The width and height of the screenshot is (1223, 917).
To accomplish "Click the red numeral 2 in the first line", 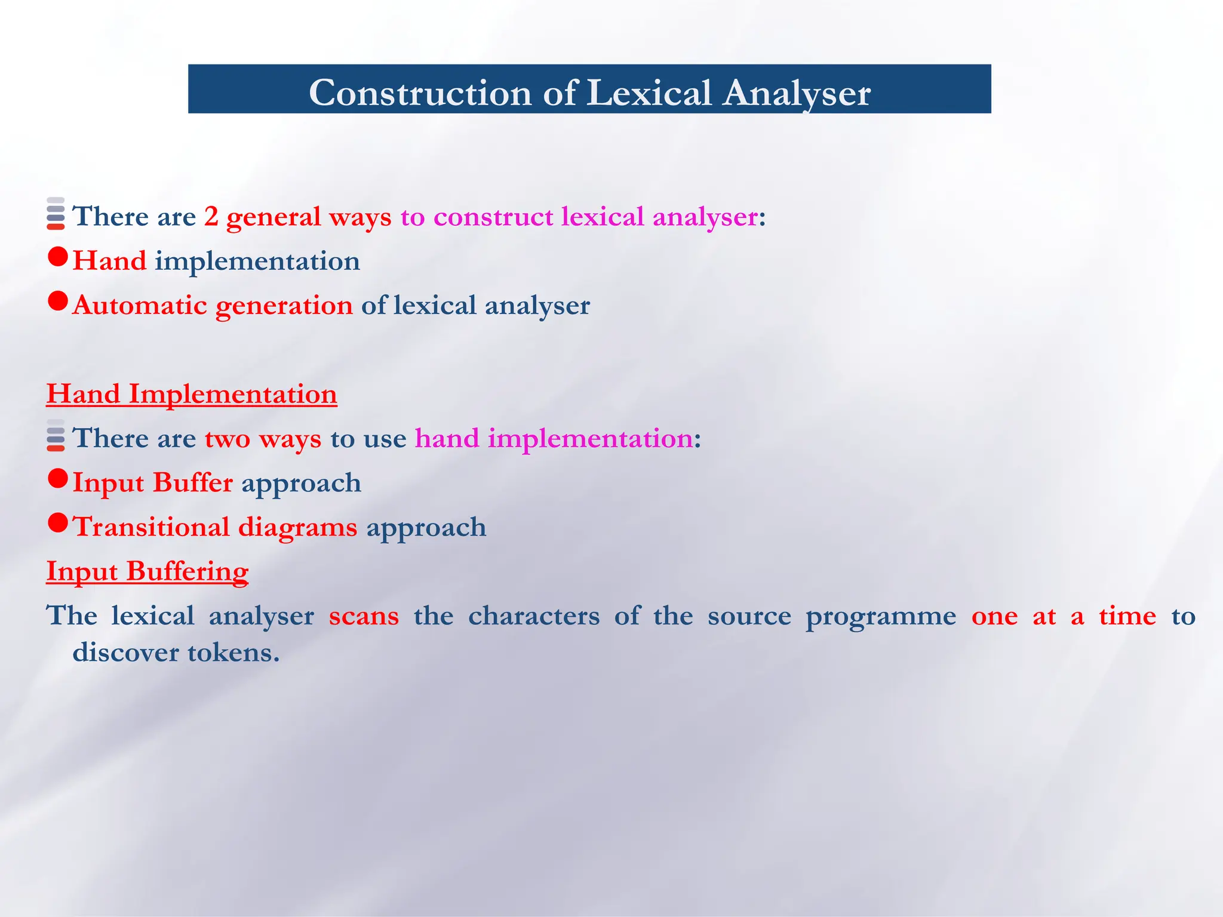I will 211,216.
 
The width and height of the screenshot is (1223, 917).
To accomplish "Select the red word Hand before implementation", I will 109,261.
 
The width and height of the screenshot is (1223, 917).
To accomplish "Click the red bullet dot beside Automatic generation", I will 58,301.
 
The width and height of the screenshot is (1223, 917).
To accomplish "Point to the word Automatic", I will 140,305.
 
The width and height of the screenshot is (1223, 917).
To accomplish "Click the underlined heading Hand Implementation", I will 192,394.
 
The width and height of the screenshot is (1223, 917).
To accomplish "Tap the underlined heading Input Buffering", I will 148,571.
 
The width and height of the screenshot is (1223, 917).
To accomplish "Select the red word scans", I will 364,616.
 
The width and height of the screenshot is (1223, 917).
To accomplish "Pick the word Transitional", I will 151,527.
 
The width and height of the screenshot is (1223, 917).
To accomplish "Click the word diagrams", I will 297,527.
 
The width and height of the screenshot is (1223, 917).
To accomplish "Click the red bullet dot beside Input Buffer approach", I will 58,478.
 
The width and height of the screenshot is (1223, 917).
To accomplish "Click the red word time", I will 1127,616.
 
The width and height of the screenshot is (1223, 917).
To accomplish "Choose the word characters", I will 534,616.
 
